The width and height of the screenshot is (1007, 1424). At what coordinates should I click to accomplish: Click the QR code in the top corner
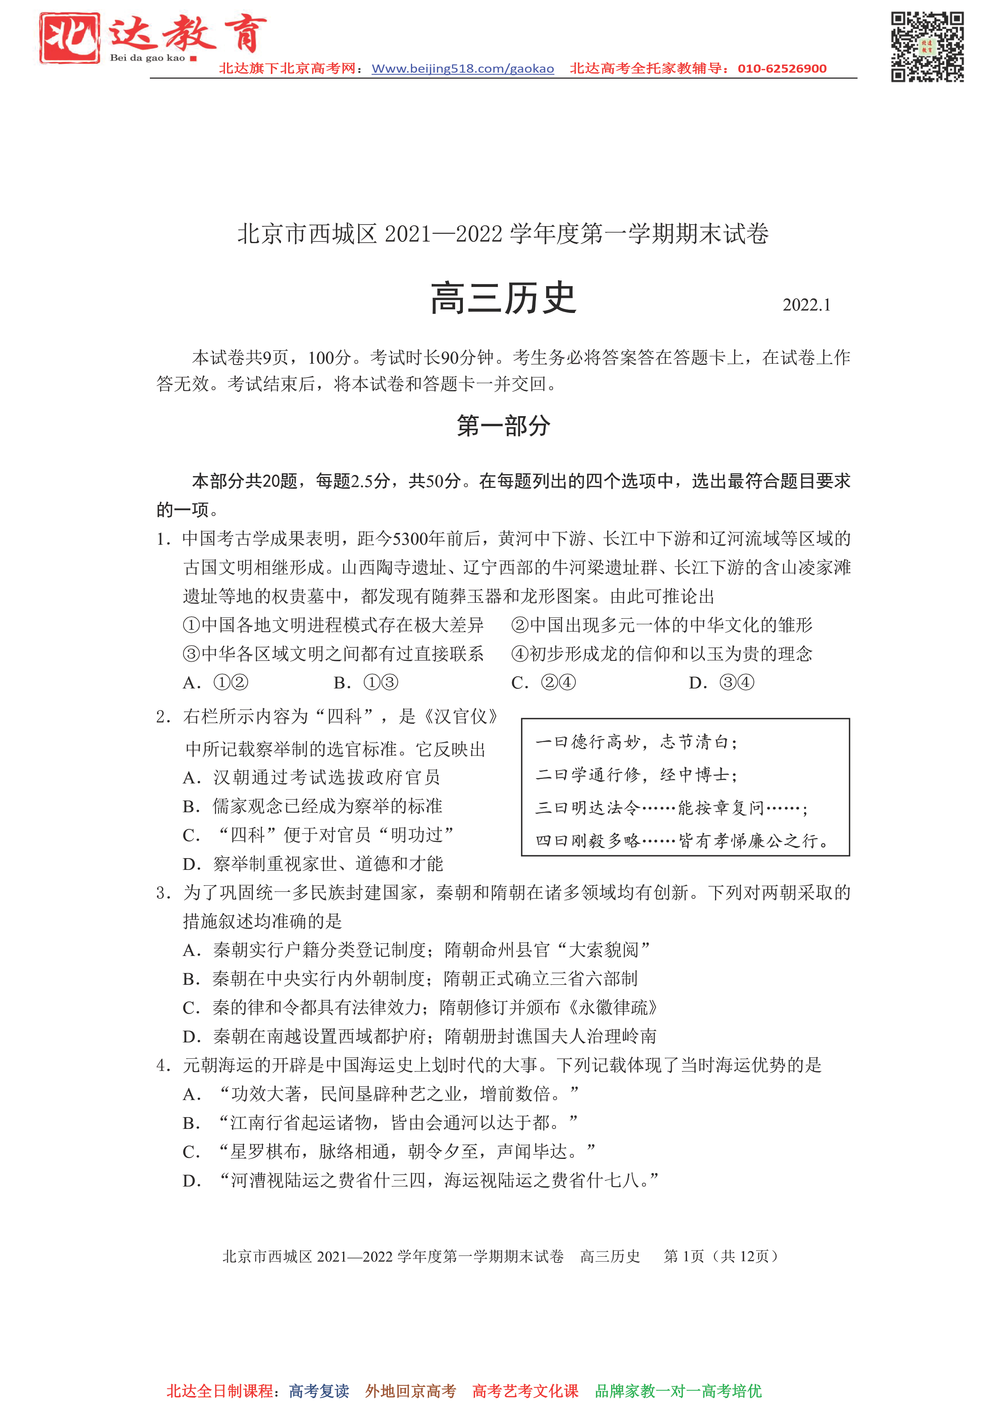point(927,47)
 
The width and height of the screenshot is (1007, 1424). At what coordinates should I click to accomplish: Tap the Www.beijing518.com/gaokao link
point(462,69)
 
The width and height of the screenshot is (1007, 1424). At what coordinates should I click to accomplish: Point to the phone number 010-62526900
point(782,69)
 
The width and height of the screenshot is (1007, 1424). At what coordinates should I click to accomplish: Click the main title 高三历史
point(503,299)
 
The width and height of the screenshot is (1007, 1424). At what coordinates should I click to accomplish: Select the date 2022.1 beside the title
point(806,305)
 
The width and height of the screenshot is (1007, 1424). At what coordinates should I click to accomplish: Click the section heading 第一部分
point(503,426)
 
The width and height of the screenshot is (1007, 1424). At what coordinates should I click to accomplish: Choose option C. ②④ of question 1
point(544,683)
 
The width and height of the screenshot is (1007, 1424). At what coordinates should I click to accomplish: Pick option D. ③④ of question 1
point(722,683)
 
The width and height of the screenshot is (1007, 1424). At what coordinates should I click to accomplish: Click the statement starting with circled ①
point(333,625)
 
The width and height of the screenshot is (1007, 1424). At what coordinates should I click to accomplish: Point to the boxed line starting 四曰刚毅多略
point(683,841)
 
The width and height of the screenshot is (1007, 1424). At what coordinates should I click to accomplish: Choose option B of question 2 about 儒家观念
point(312,806)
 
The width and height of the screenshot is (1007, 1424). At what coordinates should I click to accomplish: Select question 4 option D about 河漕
point(420,1180)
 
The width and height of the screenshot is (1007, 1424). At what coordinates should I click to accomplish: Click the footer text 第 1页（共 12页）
point(720,1256)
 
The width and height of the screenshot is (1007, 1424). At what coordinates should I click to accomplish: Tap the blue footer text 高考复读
point(319,1391)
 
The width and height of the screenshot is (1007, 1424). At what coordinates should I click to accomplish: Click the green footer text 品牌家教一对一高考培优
point(678,1391)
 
